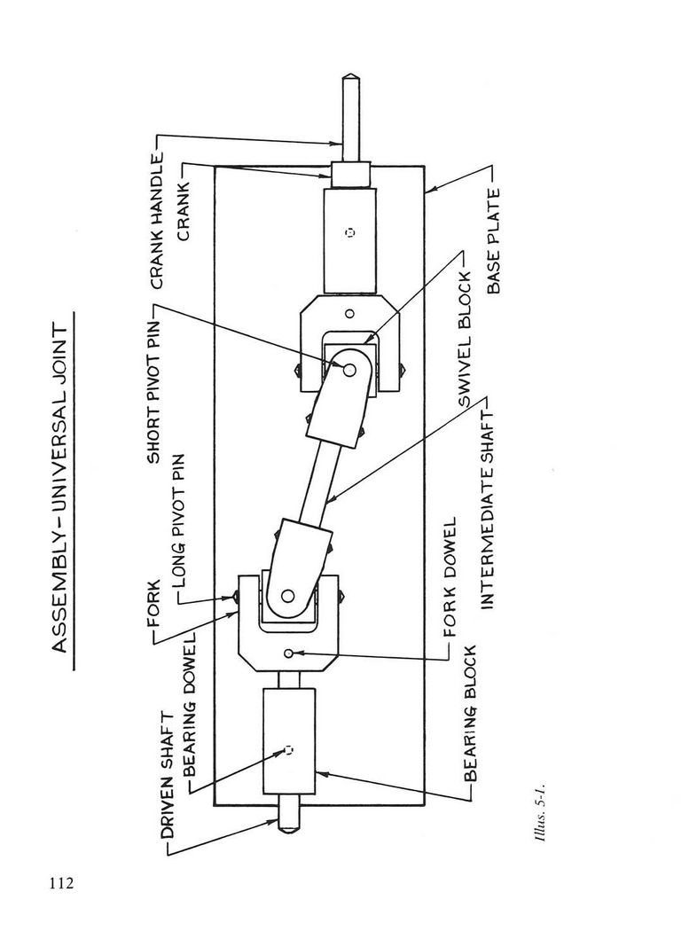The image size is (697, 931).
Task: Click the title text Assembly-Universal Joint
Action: pos(62,489)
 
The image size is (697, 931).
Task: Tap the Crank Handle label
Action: pos(157,220)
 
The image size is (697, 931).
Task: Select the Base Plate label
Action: pos(493,241)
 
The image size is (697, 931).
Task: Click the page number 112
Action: pos(62,883)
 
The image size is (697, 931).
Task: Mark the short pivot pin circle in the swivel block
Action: pos(349,370)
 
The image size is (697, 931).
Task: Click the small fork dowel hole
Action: pos(289,653)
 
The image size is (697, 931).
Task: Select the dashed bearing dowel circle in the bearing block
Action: pos(288,750)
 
